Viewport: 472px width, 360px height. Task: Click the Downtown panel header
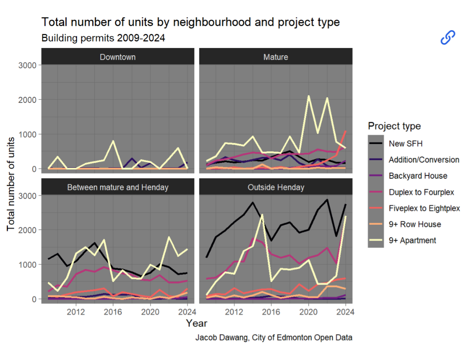coord(117,57)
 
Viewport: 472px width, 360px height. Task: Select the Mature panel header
coord(276,57)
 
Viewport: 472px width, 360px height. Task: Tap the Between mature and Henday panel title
coord(117,187)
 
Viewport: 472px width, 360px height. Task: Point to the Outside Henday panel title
coord(276,187)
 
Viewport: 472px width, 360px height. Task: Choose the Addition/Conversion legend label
coord(424,160)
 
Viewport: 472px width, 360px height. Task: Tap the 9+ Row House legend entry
coord(415,224)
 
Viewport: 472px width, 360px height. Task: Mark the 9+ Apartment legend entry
coord(412,241)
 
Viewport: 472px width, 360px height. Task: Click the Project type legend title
coord(394,126)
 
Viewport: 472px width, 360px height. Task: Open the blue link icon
coord(448,37)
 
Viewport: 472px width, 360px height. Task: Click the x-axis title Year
coord(196,323)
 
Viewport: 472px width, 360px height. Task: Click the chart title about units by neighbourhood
coord(190,22)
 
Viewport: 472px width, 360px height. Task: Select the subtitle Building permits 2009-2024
coord(103,38)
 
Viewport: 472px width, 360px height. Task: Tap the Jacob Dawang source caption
coord(274,337)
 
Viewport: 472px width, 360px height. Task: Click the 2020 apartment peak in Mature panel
coord(309,96)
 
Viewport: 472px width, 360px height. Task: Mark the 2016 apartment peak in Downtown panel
coord(113,141)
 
